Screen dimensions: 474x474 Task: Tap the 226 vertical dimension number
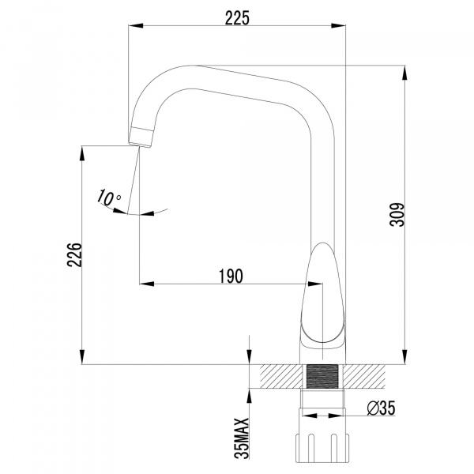tap(73, 255)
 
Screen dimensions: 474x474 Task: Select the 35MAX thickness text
tap(243, 438)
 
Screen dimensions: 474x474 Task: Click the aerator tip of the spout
tap(141, 136)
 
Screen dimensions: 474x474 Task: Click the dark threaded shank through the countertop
tap(322, 376)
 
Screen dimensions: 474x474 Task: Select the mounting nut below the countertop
tap(322, 447)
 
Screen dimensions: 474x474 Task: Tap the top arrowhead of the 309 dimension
tap(404, 72)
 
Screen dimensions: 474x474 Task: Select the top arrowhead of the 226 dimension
tap(83, 152)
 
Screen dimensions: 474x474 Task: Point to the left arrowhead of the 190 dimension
tap(146, 283)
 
